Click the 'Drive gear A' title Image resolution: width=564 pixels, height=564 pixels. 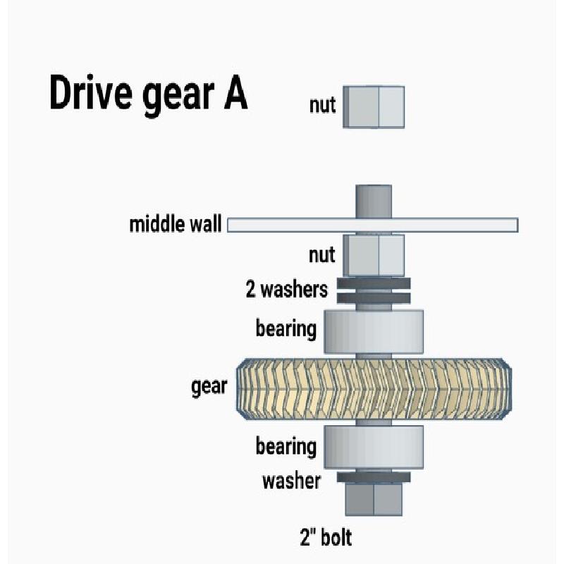149,94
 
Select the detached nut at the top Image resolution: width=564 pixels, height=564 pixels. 374,107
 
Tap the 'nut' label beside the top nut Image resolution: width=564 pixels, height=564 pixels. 322,105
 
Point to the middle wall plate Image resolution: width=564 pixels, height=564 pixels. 373,225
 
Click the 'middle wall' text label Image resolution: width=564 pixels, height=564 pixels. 175,224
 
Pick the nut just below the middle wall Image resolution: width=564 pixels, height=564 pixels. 374,256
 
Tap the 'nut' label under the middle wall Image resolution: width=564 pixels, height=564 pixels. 322,255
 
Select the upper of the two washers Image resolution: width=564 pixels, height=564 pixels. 374,283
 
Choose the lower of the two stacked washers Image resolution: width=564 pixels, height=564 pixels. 374,298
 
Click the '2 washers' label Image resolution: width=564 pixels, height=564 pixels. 287,289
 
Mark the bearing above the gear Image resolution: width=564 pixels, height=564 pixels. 374,331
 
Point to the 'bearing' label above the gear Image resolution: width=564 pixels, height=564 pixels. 286,329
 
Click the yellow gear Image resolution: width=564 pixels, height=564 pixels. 374,389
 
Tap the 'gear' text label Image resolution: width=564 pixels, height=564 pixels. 209,387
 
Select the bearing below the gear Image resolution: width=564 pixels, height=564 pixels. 374,447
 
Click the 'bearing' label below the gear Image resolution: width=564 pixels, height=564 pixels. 286,446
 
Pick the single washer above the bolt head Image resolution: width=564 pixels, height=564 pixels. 374,477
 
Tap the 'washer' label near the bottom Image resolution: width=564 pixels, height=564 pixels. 291,482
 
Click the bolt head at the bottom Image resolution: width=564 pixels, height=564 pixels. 374,499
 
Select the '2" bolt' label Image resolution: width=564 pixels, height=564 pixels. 326,538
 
